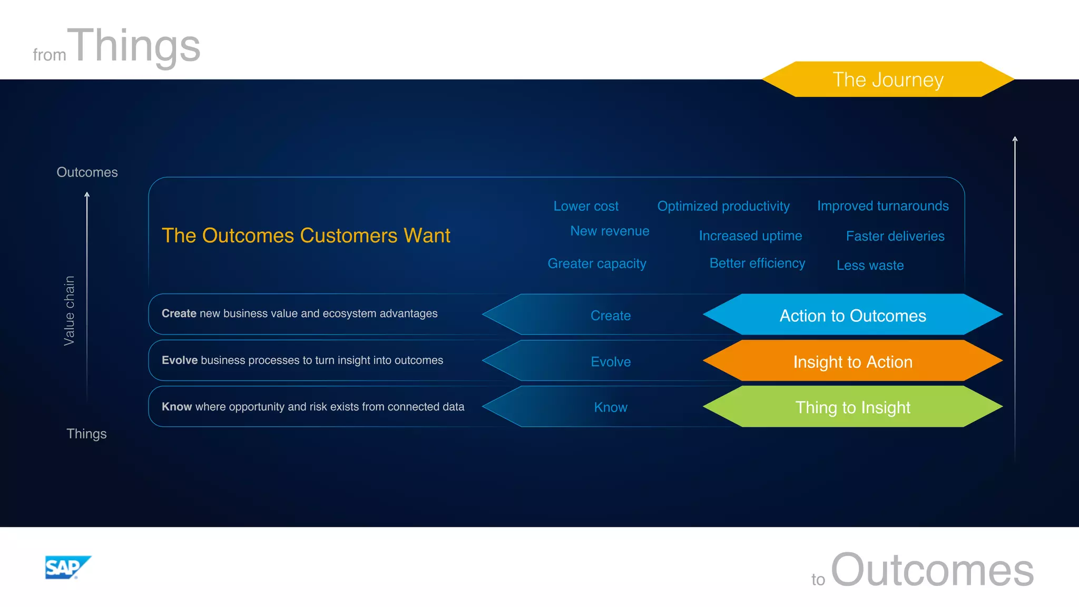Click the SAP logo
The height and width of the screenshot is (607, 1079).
coord(67,567)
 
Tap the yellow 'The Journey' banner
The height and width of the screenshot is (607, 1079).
coord(888,80)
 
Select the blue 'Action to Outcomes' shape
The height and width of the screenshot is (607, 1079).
coord(852,315)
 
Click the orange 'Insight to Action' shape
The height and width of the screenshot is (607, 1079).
coord(852,361)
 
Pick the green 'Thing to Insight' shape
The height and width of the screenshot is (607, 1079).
coord(852,407)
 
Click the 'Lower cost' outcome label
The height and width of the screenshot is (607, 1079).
coord(585,206)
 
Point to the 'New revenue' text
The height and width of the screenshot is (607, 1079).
coord(610,231)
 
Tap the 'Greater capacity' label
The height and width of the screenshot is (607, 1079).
coord(596,263)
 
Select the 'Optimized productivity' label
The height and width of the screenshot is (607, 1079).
coord(723,206)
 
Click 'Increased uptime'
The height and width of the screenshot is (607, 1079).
coord(750,236)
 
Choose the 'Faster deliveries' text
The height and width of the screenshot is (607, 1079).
coord(895,236)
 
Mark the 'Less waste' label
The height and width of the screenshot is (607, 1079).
coord(870,265)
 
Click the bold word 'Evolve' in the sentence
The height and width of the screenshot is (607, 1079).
coord(179,360)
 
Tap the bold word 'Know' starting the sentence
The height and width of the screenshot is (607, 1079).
coord(176,407)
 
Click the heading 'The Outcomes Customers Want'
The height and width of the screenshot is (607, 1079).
coord(306,236)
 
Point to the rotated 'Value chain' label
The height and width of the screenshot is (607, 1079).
coord(69,311)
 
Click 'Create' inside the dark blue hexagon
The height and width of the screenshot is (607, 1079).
coord(610,315)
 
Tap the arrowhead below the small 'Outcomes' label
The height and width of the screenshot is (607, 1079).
coord(87,195)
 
